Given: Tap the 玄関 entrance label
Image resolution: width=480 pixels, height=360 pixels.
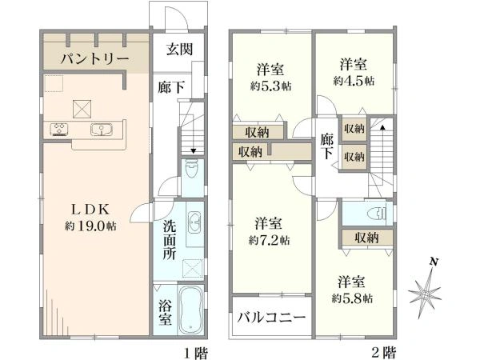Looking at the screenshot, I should coord(178,50).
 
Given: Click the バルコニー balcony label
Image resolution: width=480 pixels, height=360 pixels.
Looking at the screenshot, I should coord(270,318).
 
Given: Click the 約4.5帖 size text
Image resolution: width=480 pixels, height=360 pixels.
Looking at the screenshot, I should coord(353,80).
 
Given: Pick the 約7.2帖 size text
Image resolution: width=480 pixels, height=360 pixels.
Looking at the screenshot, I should coord(269,239).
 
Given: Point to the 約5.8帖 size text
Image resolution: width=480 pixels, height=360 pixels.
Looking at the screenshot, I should coord(353,298).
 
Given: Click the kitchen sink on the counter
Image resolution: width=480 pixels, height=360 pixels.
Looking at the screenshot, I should coord(102,130).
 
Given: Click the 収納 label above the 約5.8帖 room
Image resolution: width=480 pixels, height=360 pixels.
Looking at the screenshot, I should coord(367,238).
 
